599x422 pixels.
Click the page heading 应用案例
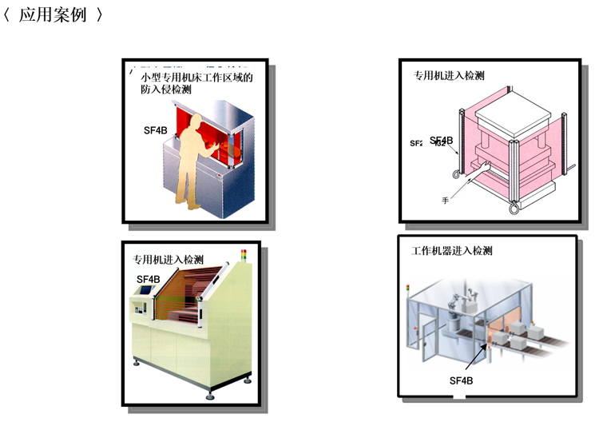click(x=52, y=16)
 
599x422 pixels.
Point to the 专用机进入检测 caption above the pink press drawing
click(x=448, y=76)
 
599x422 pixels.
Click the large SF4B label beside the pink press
click(x=442, y=141)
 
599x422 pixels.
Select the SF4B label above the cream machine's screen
click(x=148, y=279)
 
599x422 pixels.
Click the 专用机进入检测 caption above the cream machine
click(x=168, y=260)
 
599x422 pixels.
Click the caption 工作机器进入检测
click(x=451, y=251)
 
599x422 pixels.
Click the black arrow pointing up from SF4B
click(x=475, y=358)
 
